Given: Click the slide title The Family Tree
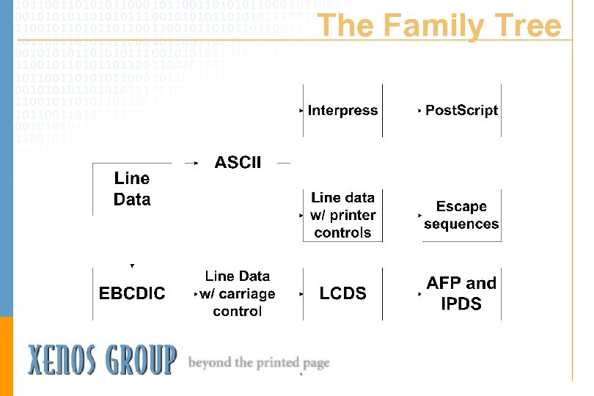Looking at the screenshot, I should pyautogui.click(x=439, y=26).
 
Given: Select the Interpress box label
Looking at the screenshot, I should pyautogui.click(x=342, y=111).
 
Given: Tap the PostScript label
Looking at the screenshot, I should pyautogui.click(x=461, y=111).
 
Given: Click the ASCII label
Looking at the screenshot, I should pyautogui.click(x=238, y=163).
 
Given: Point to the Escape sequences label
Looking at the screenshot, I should pyautogui.click(x=461, y=216).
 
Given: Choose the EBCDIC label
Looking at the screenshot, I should pyautogui.click(x=132, y=293).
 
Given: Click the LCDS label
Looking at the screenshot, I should pyautogui.click(x=342, y=293).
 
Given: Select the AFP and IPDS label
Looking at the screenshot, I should pyautogui.click(x=461, y=293).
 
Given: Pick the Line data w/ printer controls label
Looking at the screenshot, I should pyautogui.click(x=342, y=216).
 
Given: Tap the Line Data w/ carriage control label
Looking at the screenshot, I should pyautogui.click(x=238, y=293).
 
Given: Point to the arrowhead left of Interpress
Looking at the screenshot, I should pyautogui.click(x=301, y=111).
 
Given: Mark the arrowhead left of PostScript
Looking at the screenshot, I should pyautogui.click(x=419, y=111).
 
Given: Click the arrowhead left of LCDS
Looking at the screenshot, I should pyautogui.click(x=301, y=294).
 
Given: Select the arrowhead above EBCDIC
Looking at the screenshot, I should pyautogui.click(x=132, y=265).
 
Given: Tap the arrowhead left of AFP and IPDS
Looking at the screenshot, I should pyautogui.click(x=419, y=294).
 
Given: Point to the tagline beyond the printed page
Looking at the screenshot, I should pyautogui.click(x=259, y=362).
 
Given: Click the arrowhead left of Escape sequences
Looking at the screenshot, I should pyautogui.click(x=419, y=216).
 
